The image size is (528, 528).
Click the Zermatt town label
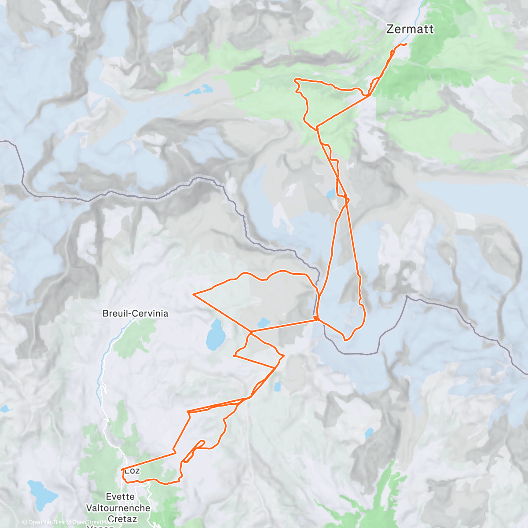click(410, 29)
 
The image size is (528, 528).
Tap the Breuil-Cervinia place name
click(135, 313)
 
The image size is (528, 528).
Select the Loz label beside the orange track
click(133, 471)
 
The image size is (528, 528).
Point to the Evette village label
click(120, 496)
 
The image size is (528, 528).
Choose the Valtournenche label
click(118, 508)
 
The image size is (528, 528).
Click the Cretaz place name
click(122, 519)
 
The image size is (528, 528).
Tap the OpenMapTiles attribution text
click(46, 522)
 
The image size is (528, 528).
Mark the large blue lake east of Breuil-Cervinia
click(216, 334)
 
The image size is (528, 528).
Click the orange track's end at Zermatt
click(406, 44)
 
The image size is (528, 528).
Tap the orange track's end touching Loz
click(122, 470)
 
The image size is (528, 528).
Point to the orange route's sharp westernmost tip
click(194, 293)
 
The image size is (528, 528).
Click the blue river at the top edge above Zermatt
click(422, 4)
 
